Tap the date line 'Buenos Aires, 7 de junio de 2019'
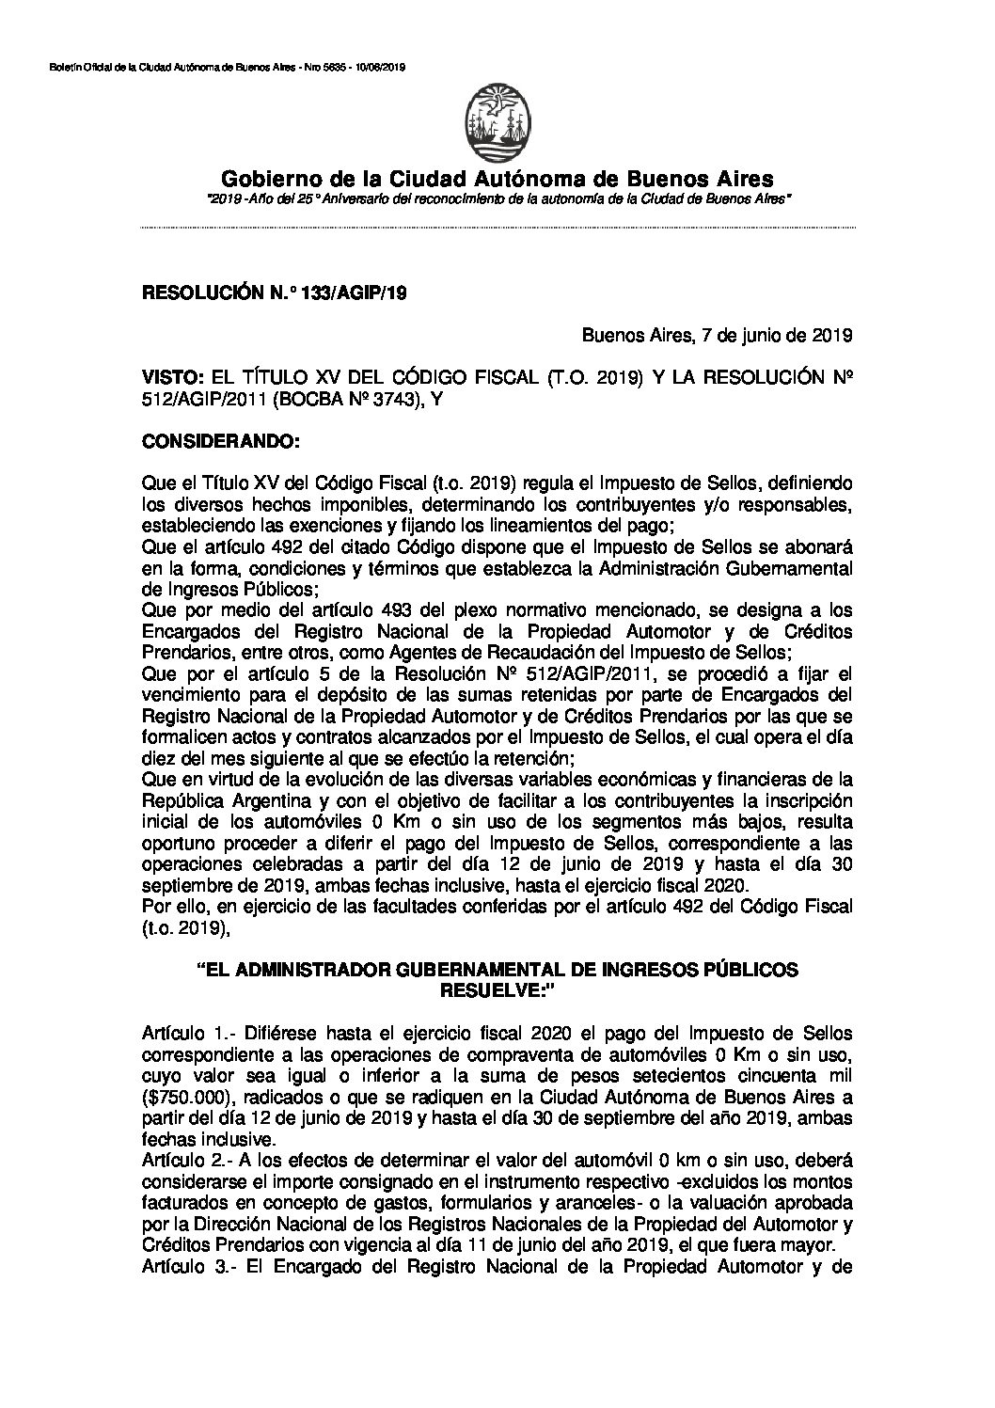click(x=717, y=333)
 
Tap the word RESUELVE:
click(x=497, y=990)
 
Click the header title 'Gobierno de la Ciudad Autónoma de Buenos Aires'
click(x=497, y=178)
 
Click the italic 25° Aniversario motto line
click(x=498, y=200)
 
